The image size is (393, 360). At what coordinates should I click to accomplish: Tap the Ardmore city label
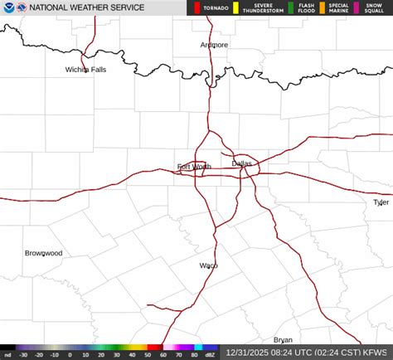click(214, 45)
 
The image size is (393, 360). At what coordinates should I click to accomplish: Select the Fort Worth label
click(194, 167)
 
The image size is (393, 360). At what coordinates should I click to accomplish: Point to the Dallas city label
click(241, 163)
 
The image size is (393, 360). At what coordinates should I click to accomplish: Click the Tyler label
click(381, 202)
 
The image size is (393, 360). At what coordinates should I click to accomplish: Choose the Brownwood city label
click(43, 252)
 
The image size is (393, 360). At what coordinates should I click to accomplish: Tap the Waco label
click(208, 265)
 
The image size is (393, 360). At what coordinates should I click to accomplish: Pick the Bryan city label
click(283, 340)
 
